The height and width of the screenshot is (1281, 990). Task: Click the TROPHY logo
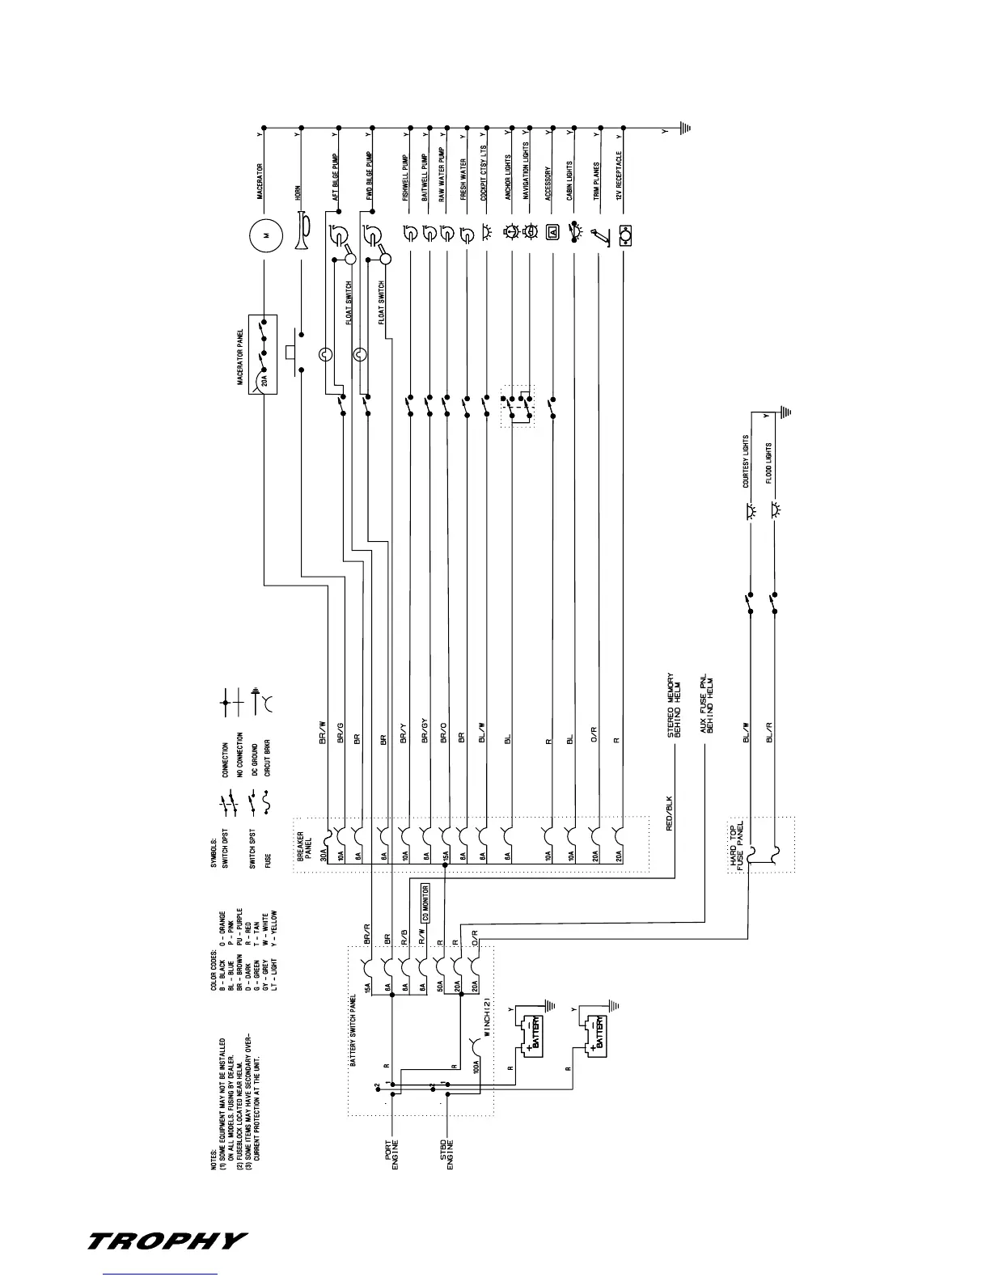(x=167, y=1241)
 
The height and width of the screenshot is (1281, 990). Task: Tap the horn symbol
(x=303, y=230)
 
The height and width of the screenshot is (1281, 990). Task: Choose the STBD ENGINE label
(x=446, y=1154)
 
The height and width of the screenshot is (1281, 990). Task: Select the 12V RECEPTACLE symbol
(x=624, y=235)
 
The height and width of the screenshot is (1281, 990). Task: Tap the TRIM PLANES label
(x=596, y=181)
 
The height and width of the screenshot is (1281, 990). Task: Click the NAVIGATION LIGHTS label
(x=527, y=171)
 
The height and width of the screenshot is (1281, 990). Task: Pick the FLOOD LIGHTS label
(x=769, y=464)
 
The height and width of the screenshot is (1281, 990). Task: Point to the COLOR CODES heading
(x=214, y=975)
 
